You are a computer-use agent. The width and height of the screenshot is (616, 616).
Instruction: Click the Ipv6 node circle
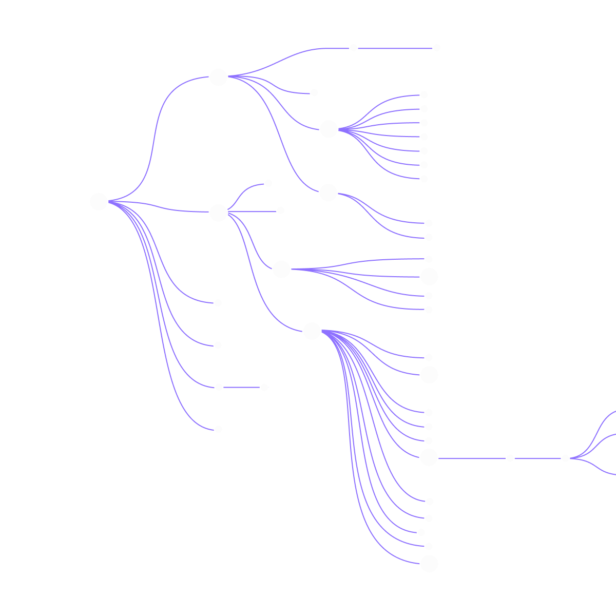218,78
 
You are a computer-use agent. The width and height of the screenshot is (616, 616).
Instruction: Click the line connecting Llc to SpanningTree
241,387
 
